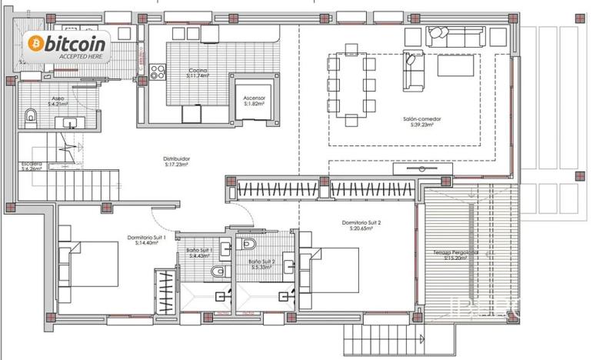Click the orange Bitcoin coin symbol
(x=35, y=44)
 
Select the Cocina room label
(x=198, y=71)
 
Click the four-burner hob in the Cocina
(x=158, y=72)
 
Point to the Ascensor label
(x=255, y=98)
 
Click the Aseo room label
(x=58, y=98)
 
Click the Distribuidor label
(x=177, y=159)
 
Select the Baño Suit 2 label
(x=261, y=262)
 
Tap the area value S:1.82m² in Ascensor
(x=255, y=104)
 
